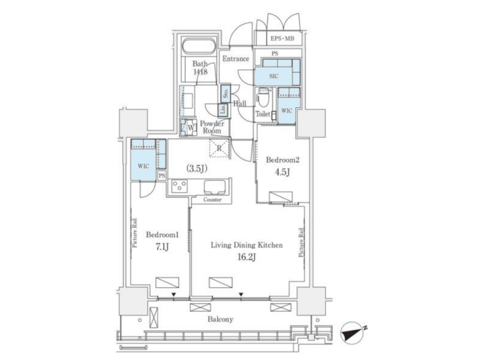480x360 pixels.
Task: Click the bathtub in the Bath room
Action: (198, 46)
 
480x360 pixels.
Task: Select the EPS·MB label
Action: (282, 39)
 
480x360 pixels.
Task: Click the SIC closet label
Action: (274, 76)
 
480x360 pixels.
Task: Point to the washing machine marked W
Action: (187, 127)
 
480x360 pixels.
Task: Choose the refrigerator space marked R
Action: (219, 148)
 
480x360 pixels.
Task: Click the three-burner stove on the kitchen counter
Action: (179, 186)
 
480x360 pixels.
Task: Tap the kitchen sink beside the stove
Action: (214, 187)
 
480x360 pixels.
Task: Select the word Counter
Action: (212, 199)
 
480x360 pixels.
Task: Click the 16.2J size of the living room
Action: (246, 257)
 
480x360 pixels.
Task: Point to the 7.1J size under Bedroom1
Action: (162, 247)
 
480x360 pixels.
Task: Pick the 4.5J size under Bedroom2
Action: (282, 172)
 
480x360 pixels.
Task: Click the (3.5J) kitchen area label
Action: (196, 169)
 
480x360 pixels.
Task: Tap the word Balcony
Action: (220, 319)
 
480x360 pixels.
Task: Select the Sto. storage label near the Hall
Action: (225, 93)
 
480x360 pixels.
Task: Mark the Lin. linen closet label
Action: (223, 110)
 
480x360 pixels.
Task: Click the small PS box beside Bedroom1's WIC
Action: (162, 175)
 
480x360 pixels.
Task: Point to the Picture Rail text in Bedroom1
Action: (135, 233)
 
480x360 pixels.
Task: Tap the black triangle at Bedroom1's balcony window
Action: (174, 294)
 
